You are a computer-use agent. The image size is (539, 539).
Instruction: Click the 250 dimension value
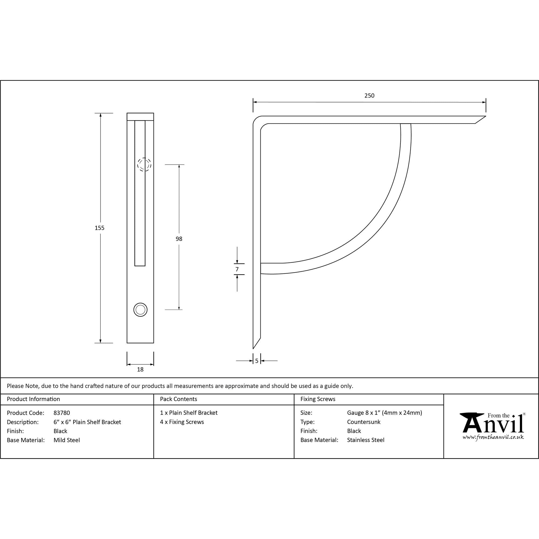(x=369, y=96)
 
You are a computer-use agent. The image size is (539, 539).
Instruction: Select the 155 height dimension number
(x=99, y=228)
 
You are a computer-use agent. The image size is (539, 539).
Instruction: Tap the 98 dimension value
(x=179, y=239)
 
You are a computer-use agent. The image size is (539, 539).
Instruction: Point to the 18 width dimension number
(x=140, y=369)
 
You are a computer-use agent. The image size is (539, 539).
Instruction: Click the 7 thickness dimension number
(x=237, y=269)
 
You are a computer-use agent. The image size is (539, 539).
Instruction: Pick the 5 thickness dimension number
(x=257, y=361)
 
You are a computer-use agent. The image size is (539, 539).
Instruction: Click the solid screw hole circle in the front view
(x=140, y=310)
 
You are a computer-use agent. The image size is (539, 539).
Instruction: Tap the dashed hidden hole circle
(x=144, y=164)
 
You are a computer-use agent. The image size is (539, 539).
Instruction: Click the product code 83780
(x=62, y=413)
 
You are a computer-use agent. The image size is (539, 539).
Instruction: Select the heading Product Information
(x=33, y=399)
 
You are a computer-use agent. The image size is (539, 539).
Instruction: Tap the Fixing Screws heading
(x=318, y=399)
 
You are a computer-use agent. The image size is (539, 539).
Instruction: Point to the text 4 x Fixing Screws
(x=182, y=422)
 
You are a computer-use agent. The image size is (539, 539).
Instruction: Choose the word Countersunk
(x=364, y=422)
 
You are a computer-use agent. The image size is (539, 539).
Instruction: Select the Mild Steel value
(x=67, y=440)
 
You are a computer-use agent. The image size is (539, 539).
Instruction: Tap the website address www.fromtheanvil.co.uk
(x=493, y=437)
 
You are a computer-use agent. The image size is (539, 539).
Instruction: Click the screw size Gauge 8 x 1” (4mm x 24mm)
(x=385, y=413)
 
